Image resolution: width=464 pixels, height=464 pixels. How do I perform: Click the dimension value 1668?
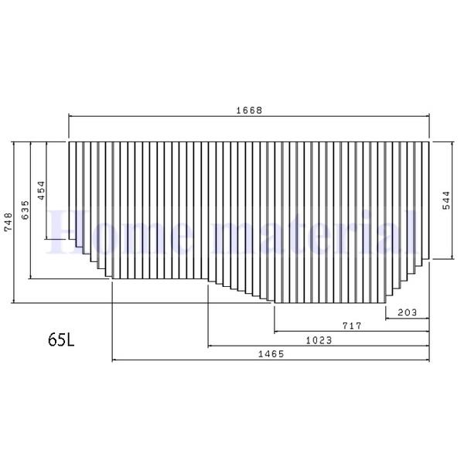point(249,110)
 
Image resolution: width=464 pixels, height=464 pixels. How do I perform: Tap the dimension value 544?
point(446,201)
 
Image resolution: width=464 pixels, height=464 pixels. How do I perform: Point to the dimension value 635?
point(25,210)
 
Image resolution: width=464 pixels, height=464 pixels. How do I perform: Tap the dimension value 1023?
point(319,339)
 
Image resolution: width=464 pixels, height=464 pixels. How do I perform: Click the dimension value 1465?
point(271,353)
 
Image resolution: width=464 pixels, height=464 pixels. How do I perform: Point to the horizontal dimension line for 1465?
point(193,360)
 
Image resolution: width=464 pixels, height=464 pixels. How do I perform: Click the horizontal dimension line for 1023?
point(255,346)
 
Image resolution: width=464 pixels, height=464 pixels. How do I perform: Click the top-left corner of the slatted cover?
point(70,142)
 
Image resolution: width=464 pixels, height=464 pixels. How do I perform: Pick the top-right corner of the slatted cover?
point(429,142)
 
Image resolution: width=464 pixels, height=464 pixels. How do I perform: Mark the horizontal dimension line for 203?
point(408,318)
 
